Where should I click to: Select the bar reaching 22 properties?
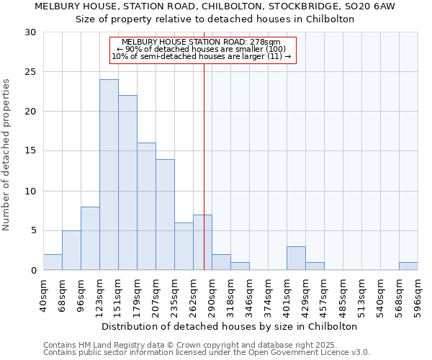pos(127,183)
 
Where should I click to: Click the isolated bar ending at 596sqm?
pos(408,266)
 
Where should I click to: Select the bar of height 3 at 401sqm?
pos(296,258)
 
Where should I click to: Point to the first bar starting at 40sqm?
pos(53,263)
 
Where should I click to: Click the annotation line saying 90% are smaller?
pos(202,49)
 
